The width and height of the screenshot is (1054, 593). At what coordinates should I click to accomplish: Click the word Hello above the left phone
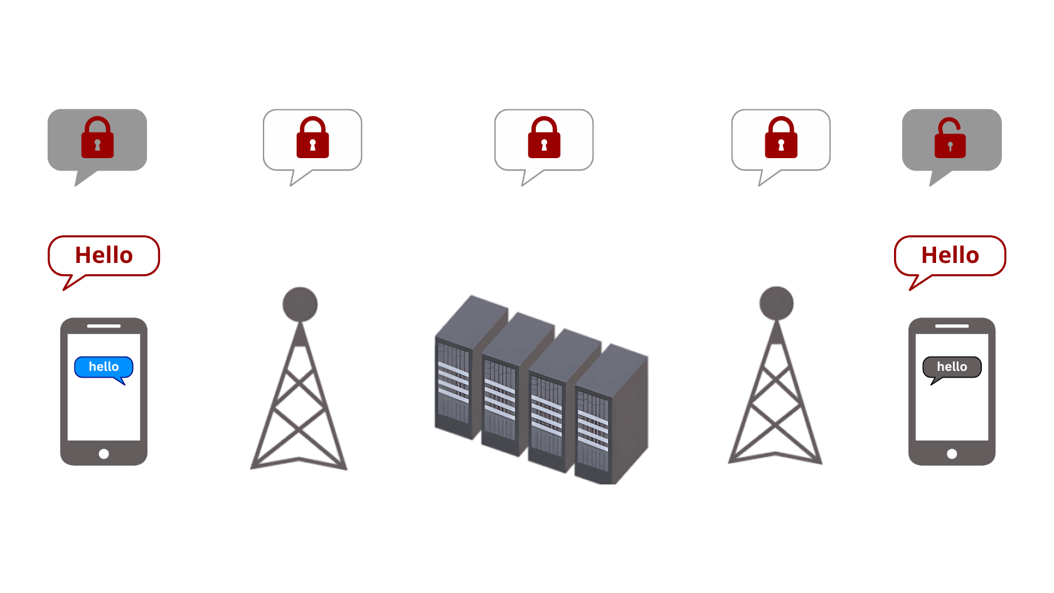(104, 255)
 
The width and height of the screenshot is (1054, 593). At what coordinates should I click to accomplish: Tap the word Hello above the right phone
(950, 255)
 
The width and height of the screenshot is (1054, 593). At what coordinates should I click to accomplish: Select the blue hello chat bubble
(104, 367)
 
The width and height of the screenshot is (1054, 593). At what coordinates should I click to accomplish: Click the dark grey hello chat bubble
(952, 367)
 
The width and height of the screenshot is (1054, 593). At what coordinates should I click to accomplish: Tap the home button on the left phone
(104, 454)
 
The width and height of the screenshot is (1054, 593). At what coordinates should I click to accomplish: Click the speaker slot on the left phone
(104, 326)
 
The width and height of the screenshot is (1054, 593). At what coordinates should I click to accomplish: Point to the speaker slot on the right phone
(952, 326)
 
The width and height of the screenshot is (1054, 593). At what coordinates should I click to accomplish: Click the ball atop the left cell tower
(300, 304)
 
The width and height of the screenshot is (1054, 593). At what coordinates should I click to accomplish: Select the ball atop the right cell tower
(777, 303)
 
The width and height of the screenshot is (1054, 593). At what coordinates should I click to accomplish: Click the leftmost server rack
(455, 377)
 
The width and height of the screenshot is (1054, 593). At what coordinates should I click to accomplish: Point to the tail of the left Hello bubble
(71, 283)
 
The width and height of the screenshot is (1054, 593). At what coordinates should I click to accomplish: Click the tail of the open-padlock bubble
(937, 179)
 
